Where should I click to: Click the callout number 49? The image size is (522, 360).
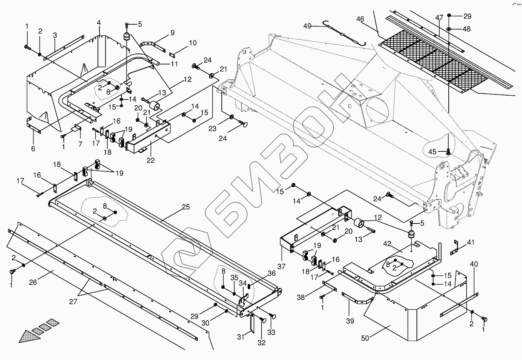click(x=307, y=26)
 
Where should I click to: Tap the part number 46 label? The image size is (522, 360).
click(x=360, y=19)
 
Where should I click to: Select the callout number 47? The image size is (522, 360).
click(x=439, y=17)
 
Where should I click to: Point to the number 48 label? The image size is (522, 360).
click(x=467, y=29)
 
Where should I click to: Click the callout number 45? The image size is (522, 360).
click(x=432, y=152)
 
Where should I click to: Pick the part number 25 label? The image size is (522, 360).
click(x=186, y=207)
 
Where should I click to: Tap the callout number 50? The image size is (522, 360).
click(x=365, y=338)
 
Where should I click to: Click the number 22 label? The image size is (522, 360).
click(x=151, y=160)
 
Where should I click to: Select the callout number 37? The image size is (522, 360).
click(x=281, y=266)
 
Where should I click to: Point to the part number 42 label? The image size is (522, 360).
click(x=387, y=244)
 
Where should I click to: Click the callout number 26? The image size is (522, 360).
click(x=33, y=282)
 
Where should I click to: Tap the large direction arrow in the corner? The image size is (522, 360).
click(x=39, y=331)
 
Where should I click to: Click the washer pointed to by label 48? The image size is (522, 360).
click(x=449, y=29)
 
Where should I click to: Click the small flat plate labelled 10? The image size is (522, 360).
click(x=172, y=55)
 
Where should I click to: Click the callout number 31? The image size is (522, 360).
click(x=241, y=337)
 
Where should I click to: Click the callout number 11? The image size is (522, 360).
click(x=174, y=64)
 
